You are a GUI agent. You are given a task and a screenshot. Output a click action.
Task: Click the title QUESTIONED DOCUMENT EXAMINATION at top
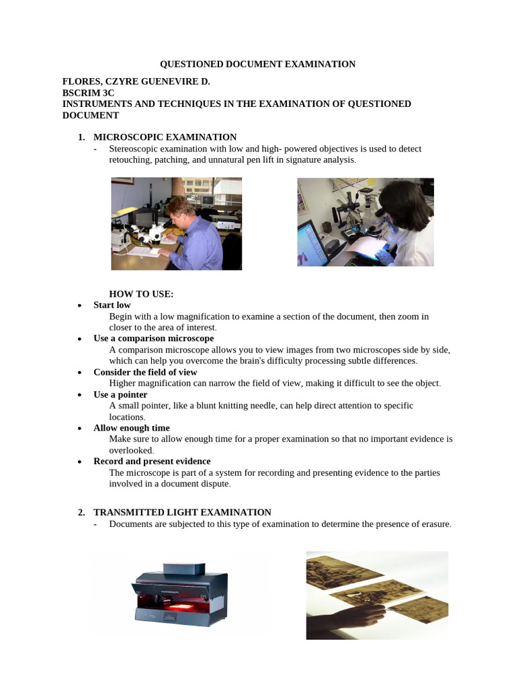(x=257, y=64)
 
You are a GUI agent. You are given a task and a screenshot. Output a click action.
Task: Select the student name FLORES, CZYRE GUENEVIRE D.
(x=136, y=81)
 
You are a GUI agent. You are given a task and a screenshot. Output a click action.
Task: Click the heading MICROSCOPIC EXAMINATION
(x=165, y=137)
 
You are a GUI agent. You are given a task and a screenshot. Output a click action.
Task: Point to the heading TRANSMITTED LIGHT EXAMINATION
(x=182, y=512)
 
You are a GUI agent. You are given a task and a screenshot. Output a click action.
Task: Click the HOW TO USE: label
(x=141, y=294)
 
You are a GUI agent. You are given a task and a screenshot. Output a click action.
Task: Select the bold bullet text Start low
(x=112, y=305)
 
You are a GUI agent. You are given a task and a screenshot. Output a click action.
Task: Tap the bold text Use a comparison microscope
(x=154, y=338)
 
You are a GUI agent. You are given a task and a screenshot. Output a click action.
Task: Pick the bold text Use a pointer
(x=120, y=394)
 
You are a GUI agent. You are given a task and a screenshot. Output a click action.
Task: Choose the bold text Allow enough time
(x=132, y=428)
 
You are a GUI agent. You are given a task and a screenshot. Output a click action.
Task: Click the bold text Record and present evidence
(x=152, y=461)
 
